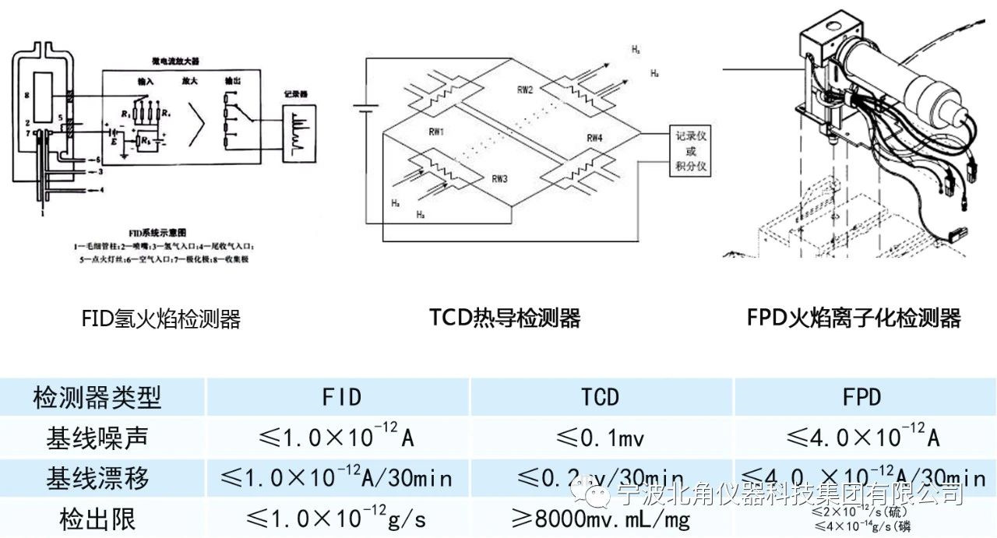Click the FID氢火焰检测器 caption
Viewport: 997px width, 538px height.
point(160,318)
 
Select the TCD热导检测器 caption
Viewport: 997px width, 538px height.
point(505,318)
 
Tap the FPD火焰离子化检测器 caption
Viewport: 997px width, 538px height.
point(853,318)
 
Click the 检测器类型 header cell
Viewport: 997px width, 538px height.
point(97,398)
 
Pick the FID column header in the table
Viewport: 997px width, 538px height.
point(341,398)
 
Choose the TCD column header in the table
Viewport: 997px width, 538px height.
point(600,398)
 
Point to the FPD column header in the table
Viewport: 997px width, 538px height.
point(861,398)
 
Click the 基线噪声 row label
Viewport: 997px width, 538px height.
point(97,438)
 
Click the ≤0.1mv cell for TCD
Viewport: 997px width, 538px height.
point(600,438)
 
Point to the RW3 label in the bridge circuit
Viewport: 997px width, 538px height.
point(499,178)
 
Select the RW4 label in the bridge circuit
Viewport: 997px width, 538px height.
point(594,138)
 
